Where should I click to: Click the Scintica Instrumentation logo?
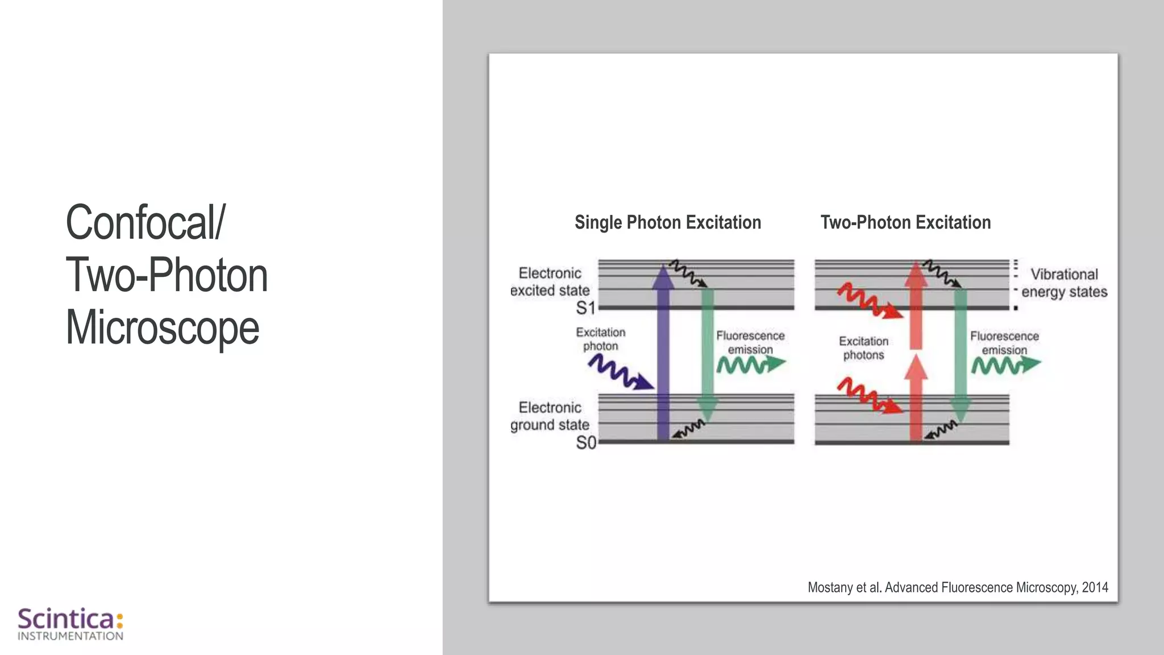(70, 624)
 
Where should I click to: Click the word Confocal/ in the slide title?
(145, 222)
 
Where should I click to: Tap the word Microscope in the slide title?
(163, 327)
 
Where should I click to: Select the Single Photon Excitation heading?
(668, 222)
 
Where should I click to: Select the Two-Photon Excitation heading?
(905, 222)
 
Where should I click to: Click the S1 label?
(585, 308)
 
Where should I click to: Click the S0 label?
(586, 442)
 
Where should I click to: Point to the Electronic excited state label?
(550, 282)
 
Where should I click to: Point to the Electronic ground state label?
(550, 416)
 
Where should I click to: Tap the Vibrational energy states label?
(1064, 283)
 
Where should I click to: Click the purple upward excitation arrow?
(663, 353)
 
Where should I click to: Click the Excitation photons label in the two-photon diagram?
(863, 348)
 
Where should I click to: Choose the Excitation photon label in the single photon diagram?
(601, 339)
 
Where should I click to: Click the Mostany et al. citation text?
(958, 587)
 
